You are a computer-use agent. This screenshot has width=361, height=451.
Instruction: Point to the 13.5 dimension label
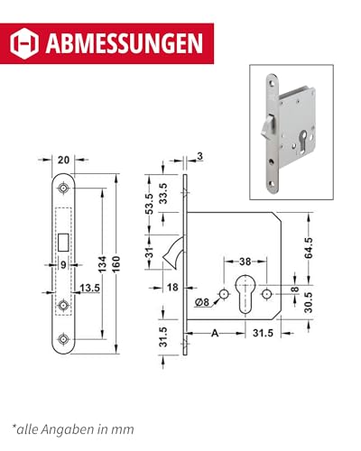[x=89, y=289]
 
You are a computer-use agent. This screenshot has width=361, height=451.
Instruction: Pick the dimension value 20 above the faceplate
[x=63, y=161]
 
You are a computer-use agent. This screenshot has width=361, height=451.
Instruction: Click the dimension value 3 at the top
[x=199, y=157]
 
